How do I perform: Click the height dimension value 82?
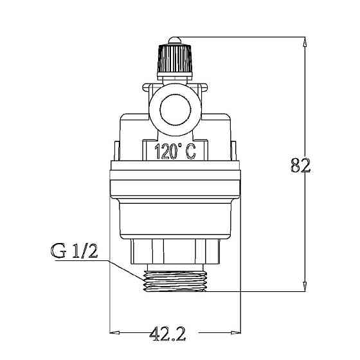pyautogui.click(x=301, y=165)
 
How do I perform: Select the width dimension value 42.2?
pyautogui.click(x=168, y=333)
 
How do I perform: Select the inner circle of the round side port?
pyautogui.click(x=175, y=104)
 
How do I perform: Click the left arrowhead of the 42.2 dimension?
pyautogui.click(x=116, y=334)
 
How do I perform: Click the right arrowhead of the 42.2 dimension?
pyautogui.click(x=236, y=334)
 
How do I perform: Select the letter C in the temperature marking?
pyautogui.click(x=191, y=152)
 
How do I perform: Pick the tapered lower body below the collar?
pyautogui.click(x=175, y=219)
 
